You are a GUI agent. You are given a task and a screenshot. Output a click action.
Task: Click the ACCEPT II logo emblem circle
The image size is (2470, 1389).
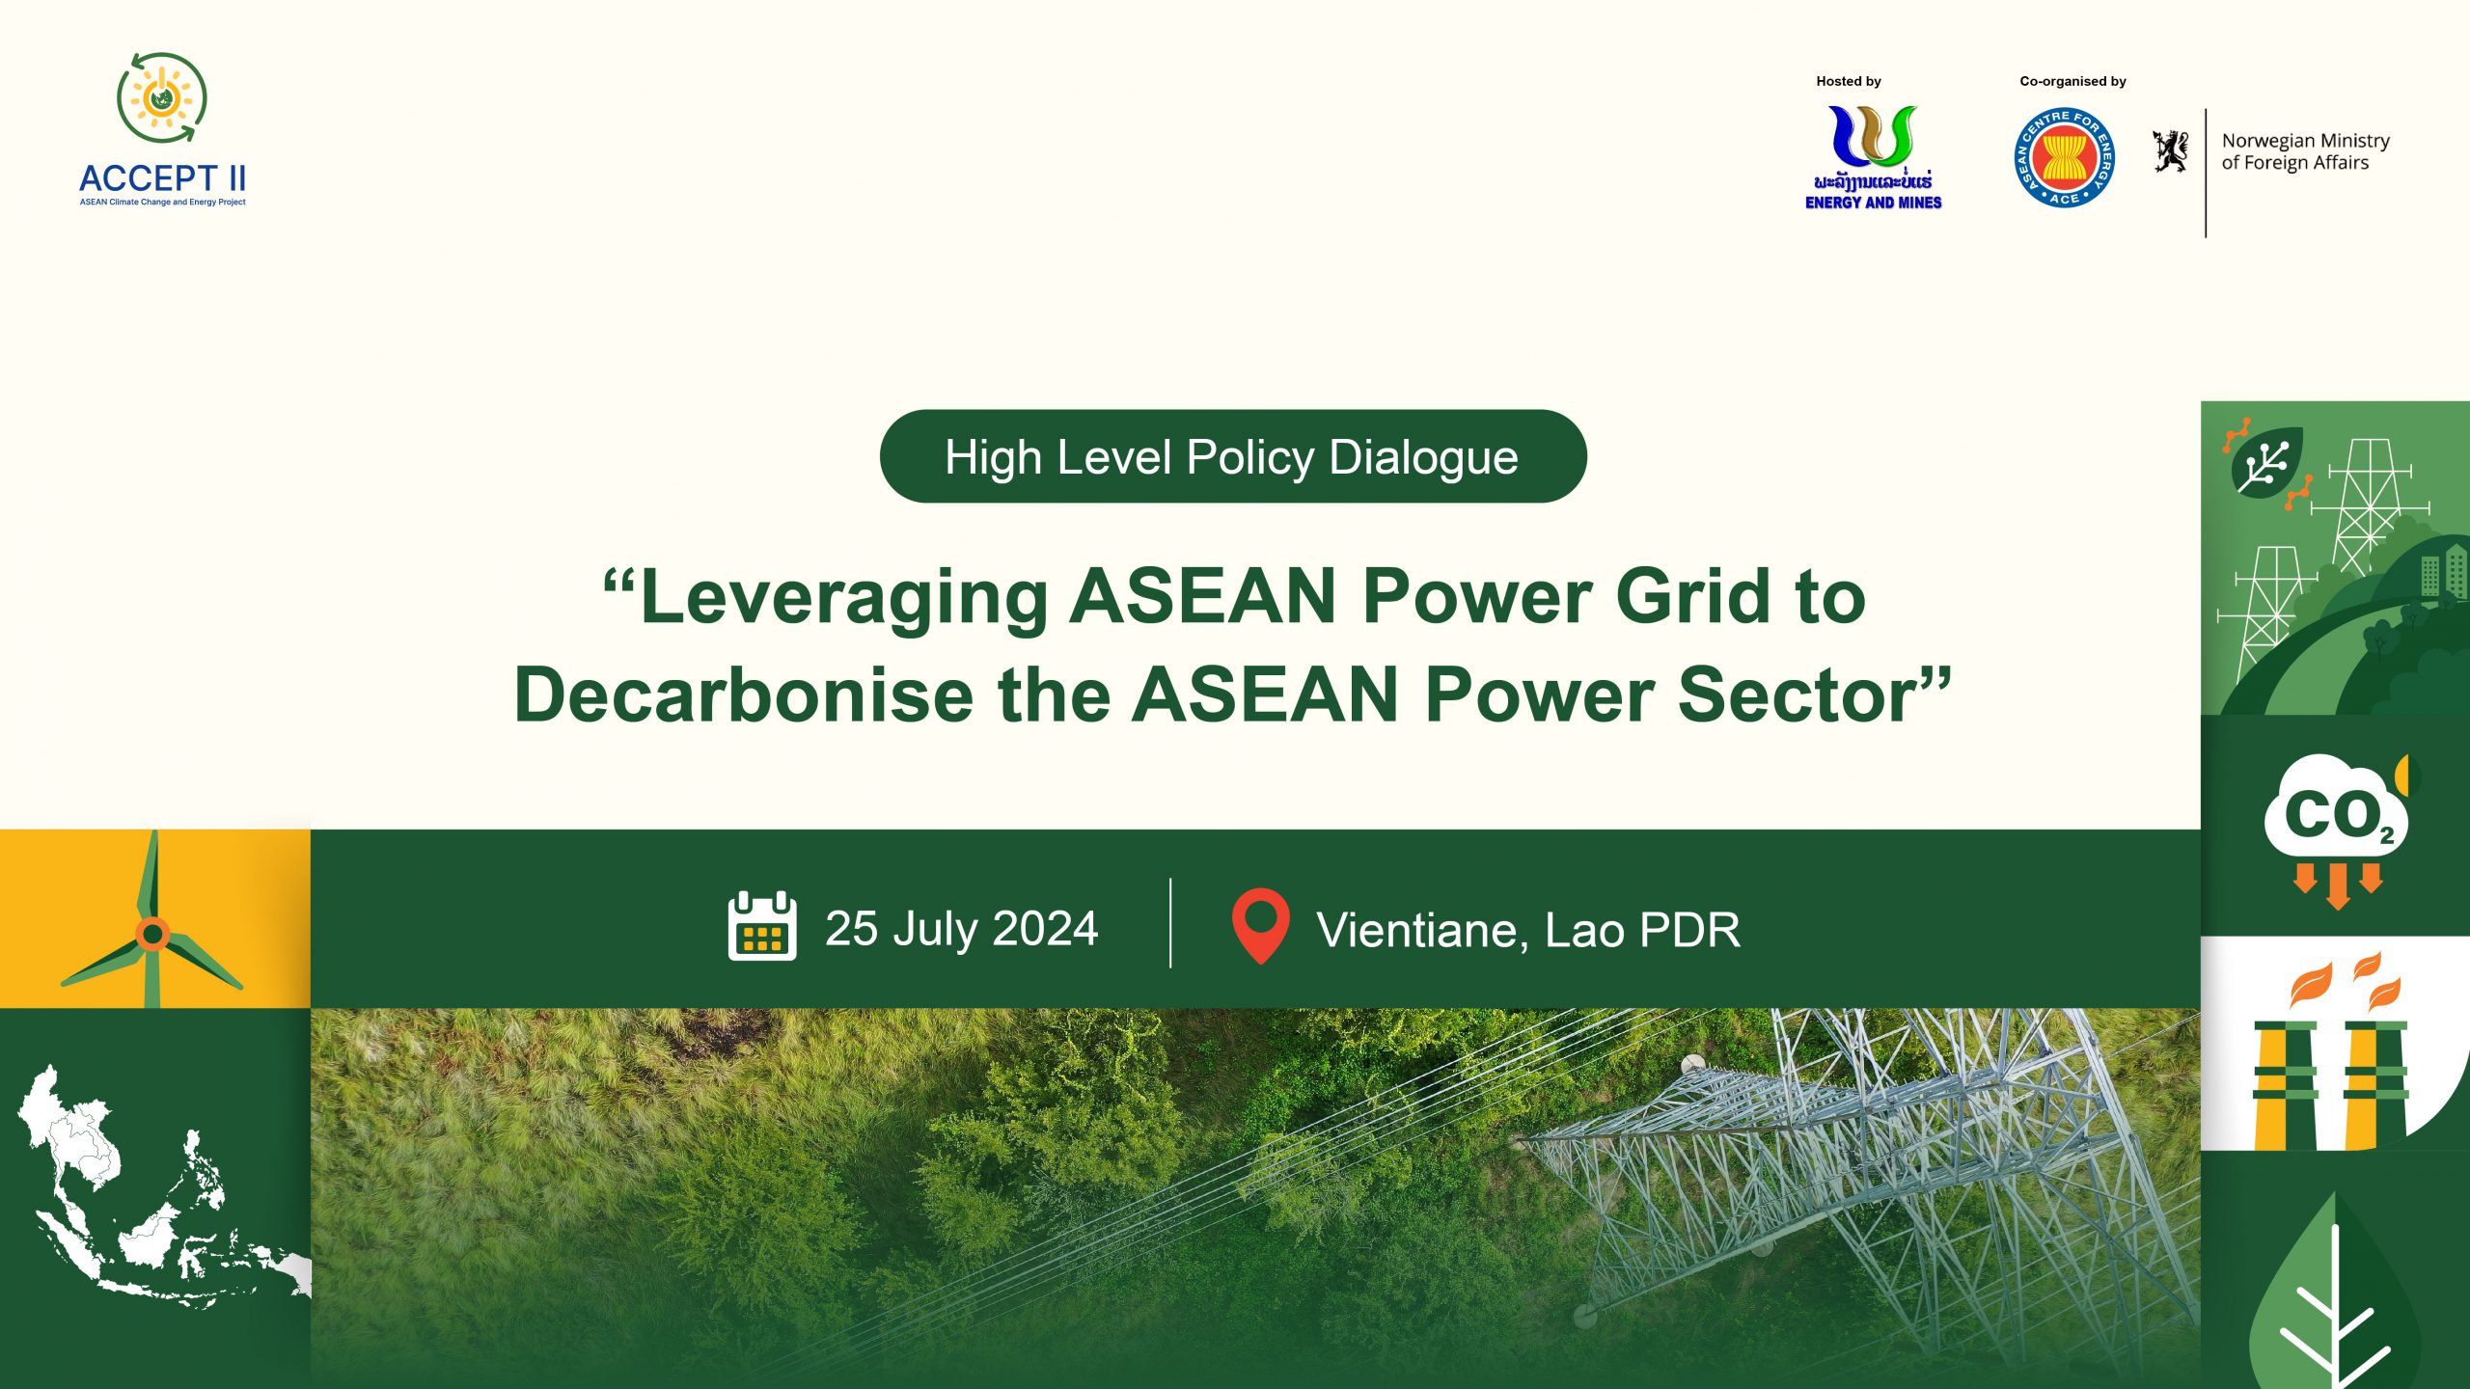(x=162, y=97)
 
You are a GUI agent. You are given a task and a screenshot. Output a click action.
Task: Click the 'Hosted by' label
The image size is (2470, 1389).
(x=1848, y=81)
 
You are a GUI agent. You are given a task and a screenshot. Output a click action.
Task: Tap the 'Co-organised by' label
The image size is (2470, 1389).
(x=2072, y=81)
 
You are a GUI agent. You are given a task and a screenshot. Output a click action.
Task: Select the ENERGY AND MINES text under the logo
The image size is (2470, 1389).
(x=1873, y=203)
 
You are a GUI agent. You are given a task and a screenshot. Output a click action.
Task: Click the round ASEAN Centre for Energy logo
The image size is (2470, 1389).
(x=2065, y=157)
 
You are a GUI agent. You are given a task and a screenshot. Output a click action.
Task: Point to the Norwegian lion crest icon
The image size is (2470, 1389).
(x=2171, y=151)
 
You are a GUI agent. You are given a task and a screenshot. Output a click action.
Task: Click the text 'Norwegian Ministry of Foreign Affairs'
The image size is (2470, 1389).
(x=2304, y=151)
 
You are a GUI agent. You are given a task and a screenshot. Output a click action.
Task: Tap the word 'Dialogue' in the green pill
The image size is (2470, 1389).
(x=1423, y=457)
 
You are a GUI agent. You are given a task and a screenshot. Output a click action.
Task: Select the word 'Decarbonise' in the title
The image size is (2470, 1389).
(x=744, y=694)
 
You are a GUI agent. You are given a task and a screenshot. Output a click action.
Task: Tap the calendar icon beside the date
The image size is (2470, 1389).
(x=762, y=927)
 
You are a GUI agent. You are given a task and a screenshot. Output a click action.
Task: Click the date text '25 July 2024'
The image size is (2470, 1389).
(x=961, y=929)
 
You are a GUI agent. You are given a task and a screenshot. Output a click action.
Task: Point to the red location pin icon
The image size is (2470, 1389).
(x=1260, y=923)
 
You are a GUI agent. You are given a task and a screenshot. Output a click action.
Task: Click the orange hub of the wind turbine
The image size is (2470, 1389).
(x=152, y=934)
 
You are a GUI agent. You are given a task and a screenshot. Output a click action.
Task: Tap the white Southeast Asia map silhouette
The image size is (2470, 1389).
(x=145, y=1196)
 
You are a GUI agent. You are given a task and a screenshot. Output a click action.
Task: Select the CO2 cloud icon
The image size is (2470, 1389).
(x=2335, y=810)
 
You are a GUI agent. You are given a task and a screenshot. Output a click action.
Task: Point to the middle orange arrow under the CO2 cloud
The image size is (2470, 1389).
(x=2337, y=885)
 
